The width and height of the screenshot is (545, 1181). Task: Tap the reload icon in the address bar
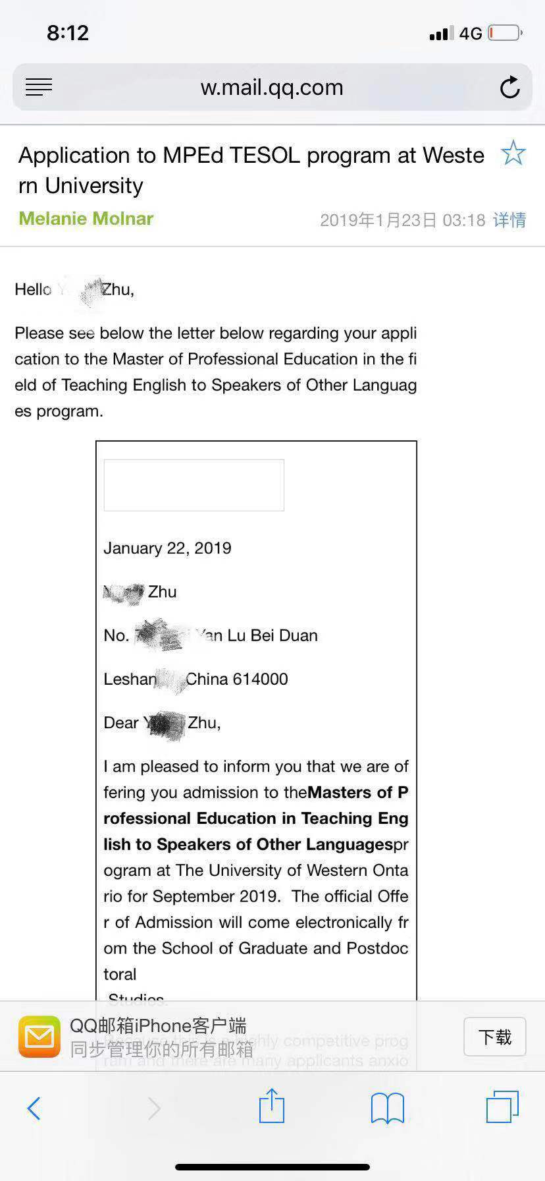[x=509, y=88]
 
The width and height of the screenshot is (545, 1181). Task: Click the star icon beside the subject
[x=513, y=154]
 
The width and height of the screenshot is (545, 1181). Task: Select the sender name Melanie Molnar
[x=86, y=219]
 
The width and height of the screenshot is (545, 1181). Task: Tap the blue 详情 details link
[x=509, y=220]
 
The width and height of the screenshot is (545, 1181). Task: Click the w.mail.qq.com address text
[x=272, y=88]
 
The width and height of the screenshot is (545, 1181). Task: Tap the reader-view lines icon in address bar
[x=39, y=87]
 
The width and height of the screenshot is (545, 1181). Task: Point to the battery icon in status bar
[x=506, y=32]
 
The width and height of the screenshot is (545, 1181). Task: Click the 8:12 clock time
[x=67, y=32]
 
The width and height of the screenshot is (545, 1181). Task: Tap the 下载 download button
[x=494, y=1037]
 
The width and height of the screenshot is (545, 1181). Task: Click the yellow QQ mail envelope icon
[x=39, y=1037]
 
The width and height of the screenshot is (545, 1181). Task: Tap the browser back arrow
[x=34, y=1109]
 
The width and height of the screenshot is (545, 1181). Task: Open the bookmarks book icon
[x=387, y=1108]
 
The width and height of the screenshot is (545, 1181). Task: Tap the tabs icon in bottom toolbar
[x=502, y=1107]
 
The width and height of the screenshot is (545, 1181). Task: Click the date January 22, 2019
[x=167, y=548]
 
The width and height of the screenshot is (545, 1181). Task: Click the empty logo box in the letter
[x=194, y=485]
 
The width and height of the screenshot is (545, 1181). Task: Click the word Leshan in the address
[x=130, y=679]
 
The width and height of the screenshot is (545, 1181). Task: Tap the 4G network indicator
[x=471, y=33]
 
